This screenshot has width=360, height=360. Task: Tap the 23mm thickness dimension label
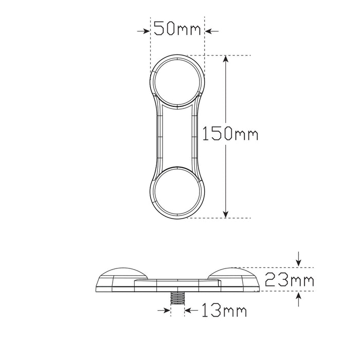coord(289,281)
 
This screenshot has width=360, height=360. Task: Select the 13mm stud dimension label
coord(224,311)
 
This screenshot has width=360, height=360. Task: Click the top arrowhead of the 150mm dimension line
coord(225,59)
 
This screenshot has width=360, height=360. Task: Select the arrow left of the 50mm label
coord(143,31)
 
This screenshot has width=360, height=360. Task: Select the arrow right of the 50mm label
coord(211,31)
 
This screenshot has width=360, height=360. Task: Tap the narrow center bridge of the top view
coord(177,137)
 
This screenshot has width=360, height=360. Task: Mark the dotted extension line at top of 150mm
coord(226,55)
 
